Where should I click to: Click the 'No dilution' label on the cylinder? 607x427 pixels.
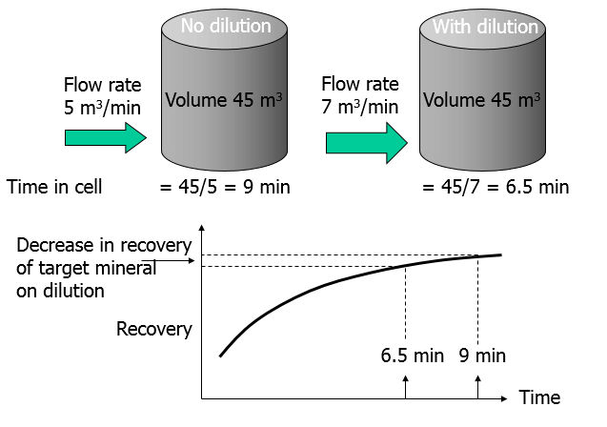point(225,26)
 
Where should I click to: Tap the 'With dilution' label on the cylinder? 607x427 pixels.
point(485,27)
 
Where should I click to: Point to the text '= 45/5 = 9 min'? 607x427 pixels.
point(225,187)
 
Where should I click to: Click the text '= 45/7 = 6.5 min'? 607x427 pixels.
point(496,187)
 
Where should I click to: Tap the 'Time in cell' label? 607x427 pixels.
point(54,187)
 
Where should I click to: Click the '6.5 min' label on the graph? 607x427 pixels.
point(412,356)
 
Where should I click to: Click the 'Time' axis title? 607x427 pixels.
point(539,396)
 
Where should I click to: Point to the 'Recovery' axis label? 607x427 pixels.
point(154,330)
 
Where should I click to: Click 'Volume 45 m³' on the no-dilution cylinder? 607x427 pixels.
point(224,99)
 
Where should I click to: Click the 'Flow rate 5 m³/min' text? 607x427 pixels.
point(101,95)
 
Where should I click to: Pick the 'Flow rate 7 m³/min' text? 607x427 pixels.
point(360,95)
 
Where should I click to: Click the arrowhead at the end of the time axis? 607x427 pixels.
point(504,396)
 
